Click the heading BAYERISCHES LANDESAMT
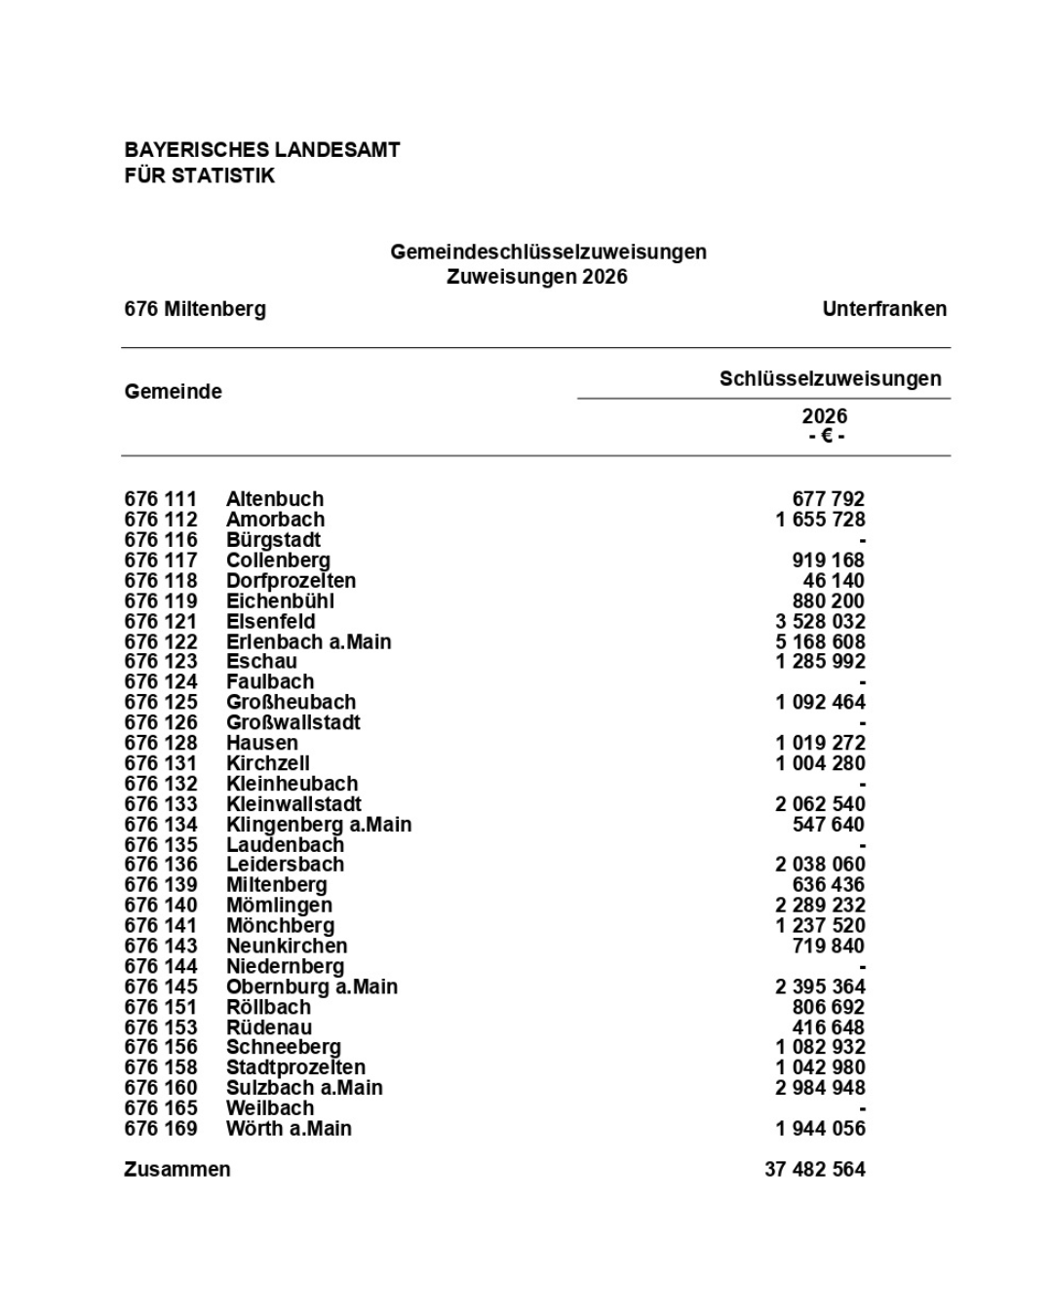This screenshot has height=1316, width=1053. (x=262, y=150)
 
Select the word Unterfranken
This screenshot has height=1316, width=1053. (x=884, y=309)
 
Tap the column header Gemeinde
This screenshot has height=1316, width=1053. (x=174, y=392)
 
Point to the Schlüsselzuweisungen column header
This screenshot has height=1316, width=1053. (x=831, y=379)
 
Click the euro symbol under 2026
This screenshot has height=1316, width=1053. (x=827, y=436)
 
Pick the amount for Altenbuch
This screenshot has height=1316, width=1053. (x=829, y=499)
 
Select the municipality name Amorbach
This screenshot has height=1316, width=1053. (x=276, y=520)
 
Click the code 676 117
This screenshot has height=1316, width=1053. (x=161, y=561)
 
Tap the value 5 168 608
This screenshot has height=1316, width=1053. (x=821, y=642)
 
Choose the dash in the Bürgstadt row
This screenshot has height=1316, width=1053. (x=862, y=541)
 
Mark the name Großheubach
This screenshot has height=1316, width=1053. (x=292, y=703)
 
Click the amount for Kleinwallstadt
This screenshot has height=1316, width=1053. (x=821, y=804)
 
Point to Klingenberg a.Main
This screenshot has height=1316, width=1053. (x=319, y=825)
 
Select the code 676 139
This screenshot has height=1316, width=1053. (x=161, y=885)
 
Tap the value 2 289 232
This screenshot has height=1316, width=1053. (x=821, y=906)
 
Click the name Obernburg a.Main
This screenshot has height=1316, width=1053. (x=312, y=987)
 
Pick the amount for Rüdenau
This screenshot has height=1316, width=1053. (x=829, y=1027)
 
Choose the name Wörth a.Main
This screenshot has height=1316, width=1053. (x=290, y=1129)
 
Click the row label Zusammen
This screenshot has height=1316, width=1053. (x=177, y=1170)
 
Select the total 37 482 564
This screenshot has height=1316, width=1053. (x=815, y=1170)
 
